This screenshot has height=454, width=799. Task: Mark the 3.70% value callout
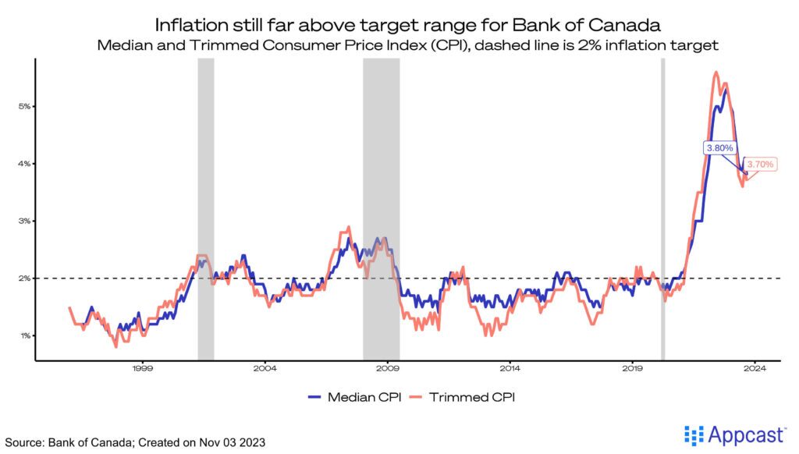(759, 165)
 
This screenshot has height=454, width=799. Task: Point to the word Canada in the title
(625, 24)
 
